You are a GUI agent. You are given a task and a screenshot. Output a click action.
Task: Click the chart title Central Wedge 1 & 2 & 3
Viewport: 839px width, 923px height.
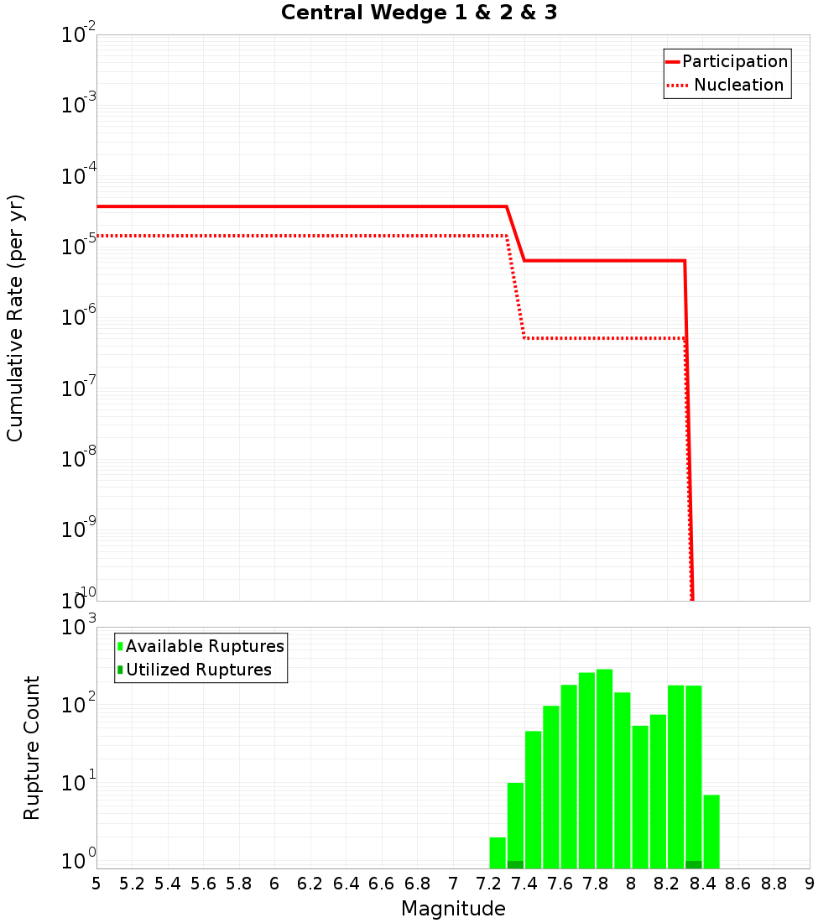click(x=419, y=13)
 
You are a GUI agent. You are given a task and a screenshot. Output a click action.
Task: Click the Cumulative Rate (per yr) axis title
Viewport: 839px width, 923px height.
click(x=15, y=318)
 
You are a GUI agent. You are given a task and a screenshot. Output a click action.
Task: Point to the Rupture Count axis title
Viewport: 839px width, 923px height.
click(x=32, y=748)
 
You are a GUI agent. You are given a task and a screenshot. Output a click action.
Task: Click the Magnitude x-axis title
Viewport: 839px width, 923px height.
click(x=453, y=909)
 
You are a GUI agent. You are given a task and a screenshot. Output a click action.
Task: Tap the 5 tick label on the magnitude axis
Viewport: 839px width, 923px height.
click(x=96, y=884)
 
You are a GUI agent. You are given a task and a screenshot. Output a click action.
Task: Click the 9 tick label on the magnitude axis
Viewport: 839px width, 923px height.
click(x=810, y=884)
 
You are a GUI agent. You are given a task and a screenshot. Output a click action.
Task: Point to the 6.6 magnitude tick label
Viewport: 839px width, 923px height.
click(x=382, y=884)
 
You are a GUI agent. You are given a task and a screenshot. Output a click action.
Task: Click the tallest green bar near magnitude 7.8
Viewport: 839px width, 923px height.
click(x=604, y=768)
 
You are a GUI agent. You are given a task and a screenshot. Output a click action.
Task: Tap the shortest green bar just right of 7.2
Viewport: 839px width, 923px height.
click(x=498, y=853)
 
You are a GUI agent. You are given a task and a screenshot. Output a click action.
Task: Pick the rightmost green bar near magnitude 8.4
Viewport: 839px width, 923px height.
click(x=711, y=831)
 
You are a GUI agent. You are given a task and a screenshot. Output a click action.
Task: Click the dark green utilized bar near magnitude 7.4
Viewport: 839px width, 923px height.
click(x=515, y=864)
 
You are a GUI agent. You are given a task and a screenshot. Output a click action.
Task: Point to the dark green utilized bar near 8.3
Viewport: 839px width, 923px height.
click(x=694, y=864)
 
